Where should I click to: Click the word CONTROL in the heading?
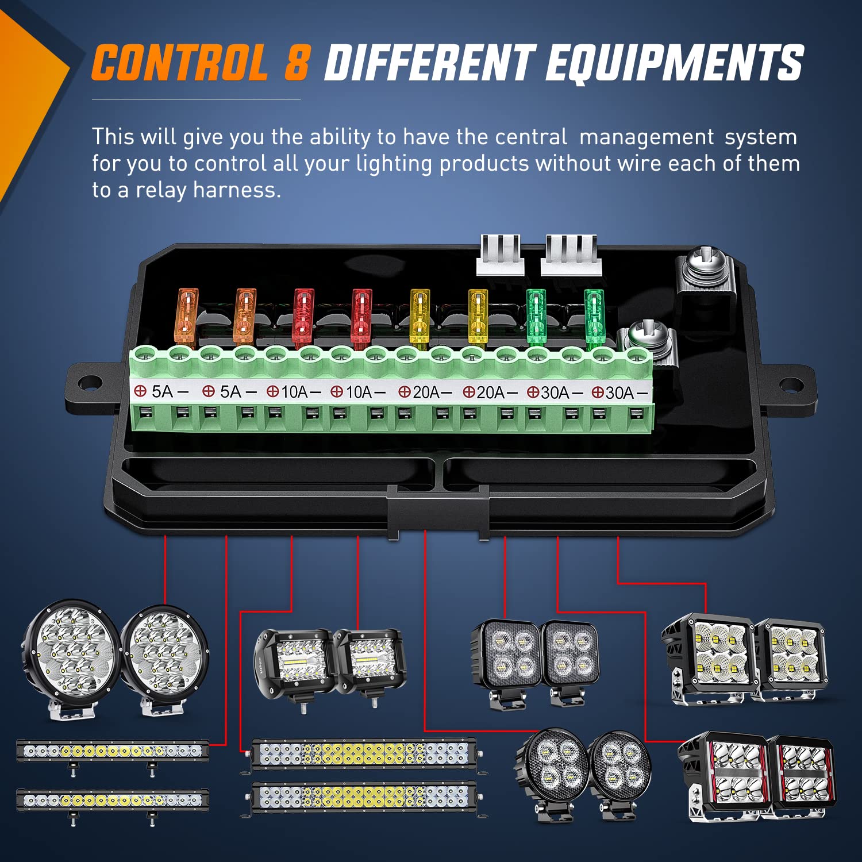point(179,63)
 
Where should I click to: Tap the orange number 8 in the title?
point(298,63)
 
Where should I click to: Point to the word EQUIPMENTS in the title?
point(674,63)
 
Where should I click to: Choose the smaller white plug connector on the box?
point(499,255)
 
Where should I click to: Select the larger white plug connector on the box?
point(571,255)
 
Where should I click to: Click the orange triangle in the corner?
point(29,103)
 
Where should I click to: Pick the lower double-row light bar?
point(365,799)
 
